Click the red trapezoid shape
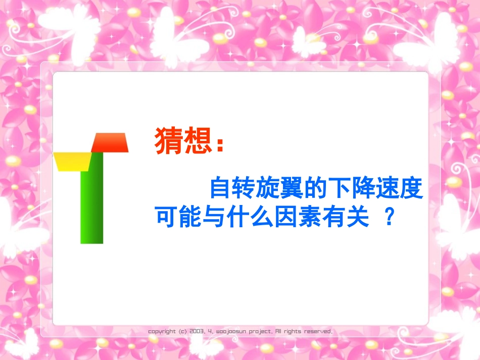pos(110,142)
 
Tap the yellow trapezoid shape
pos(72,161)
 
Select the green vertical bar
pos(92,202)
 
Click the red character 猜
pos(169,141)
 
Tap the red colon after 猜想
pos(219,144)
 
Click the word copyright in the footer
pos(162,332)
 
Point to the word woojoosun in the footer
pos(231,332)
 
